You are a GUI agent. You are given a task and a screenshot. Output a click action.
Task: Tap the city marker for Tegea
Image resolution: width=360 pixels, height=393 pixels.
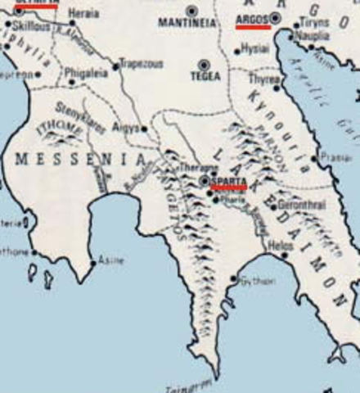click(204, 65)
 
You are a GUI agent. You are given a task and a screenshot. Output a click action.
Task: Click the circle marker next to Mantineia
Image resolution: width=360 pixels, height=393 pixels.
click(192, 11)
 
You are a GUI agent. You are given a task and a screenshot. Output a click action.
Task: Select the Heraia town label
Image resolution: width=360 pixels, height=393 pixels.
click(86, 15)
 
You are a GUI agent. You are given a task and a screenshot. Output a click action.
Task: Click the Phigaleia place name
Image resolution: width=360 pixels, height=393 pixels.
click(86, 72)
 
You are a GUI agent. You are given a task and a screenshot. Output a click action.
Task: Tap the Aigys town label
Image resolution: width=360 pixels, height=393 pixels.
click(128, 129)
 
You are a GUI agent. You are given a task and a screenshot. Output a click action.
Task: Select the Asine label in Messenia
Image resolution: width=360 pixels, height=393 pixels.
click(111, 260)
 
